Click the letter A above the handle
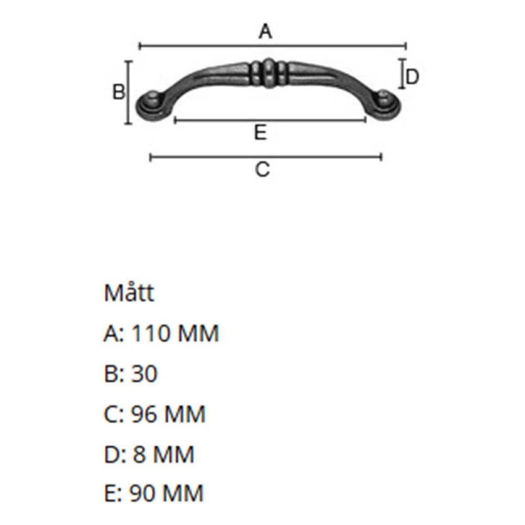(x=265, y=32)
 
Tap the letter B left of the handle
(x=119, y=92)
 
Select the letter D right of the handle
(x=412, y=77)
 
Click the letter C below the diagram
(x=262, y=169)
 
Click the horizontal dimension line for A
(x=273, y=46)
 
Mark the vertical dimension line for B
(x=128, y=93)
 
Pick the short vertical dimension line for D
(x=402, y=73)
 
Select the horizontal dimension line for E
(x=270, y=120)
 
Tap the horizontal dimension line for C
(x=266, y=156)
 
